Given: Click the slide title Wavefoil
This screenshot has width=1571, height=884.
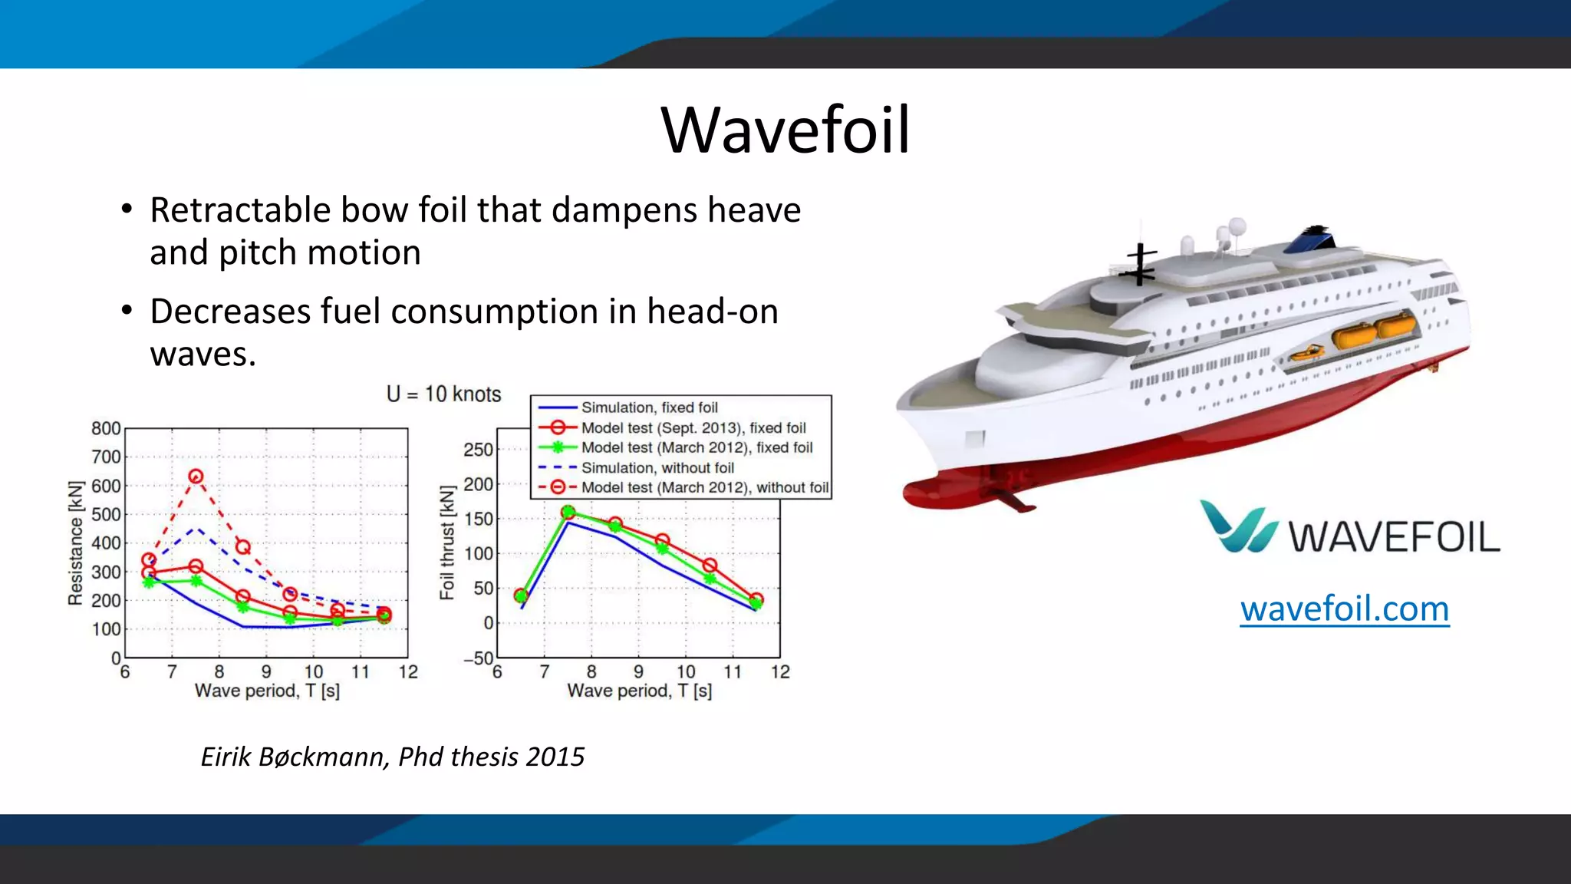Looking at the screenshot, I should pos(785,130).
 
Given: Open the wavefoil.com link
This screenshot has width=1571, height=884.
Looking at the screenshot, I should pos(1345,609).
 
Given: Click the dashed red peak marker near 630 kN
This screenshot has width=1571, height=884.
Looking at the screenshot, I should pos(196,477).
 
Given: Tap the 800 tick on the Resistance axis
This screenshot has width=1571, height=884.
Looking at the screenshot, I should pos(106,428).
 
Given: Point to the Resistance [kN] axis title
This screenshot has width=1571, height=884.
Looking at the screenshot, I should pos(75,543).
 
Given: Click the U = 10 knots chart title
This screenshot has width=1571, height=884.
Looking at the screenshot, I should pos(443,394).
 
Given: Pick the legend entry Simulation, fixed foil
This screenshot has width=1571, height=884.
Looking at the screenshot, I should pos(649,407).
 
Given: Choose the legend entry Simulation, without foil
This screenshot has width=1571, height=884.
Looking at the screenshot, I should pos(657,467).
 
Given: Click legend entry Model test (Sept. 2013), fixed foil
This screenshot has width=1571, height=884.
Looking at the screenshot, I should pos(693,427).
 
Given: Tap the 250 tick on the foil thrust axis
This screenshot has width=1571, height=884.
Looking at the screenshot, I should pos(478,450).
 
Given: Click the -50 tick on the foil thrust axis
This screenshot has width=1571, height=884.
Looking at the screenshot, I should pos(478,658).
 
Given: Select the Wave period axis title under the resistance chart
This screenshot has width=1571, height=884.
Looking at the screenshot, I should pos(267,691).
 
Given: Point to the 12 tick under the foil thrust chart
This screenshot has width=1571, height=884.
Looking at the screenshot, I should pos(780,672).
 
